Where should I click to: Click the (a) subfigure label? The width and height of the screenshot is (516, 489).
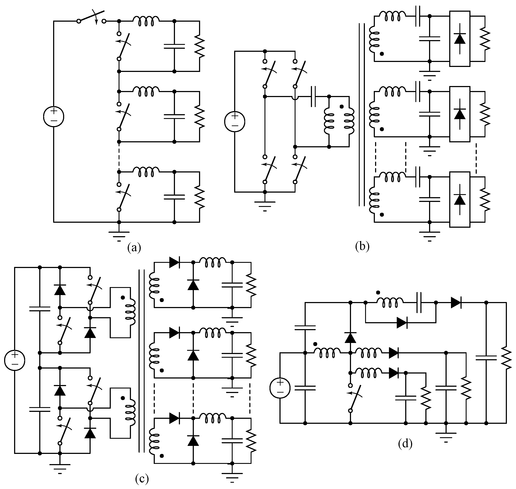pyautogui.click(x=134, y=247)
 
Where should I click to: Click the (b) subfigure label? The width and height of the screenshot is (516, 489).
pyautogui.click(x=362, y=246)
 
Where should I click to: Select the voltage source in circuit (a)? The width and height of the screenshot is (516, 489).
pyautogui.click(x=54, y=117)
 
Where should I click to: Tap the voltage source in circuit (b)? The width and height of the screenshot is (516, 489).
pyautogui.click(x=235, y=122)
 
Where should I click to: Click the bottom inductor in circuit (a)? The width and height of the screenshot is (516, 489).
pyautogui.click(x=146, y=172)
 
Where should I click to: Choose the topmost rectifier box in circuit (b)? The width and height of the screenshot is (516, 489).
pyautogui.click(x=460, y=39)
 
